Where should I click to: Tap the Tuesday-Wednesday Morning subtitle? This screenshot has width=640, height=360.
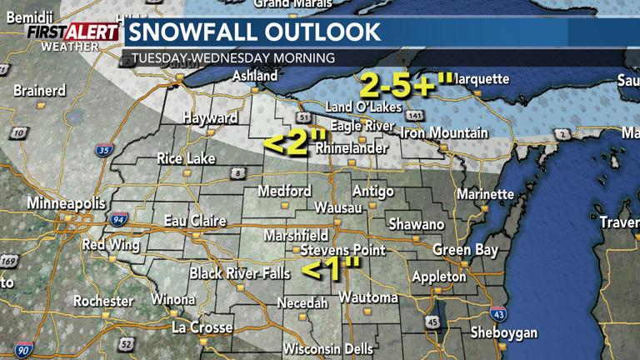click(233, 58)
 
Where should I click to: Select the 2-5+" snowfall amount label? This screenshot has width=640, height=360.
click(407, 84)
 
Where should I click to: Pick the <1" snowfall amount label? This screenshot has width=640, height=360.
click(332, 268)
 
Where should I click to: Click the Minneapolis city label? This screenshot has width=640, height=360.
click(67, 203)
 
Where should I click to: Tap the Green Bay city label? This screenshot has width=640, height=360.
click(465, 249)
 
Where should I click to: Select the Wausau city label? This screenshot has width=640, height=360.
click(338, 207)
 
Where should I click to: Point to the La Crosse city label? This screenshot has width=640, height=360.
click(202, 327)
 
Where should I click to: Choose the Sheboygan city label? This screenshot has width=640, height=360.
click(503, 332)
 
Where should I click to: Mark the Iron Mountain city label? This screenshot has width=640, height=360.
click(444, 132)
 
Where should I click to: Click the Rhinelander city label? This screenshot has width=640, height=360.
click(351, 147)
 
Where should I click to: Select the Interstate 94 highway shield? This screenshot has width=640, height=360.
click(118, 220)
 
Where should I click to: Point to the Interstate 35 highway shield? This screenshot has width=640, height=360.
click(104, 151)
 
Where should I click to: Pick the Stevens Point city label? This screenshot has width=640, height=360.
click(342, 250)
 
